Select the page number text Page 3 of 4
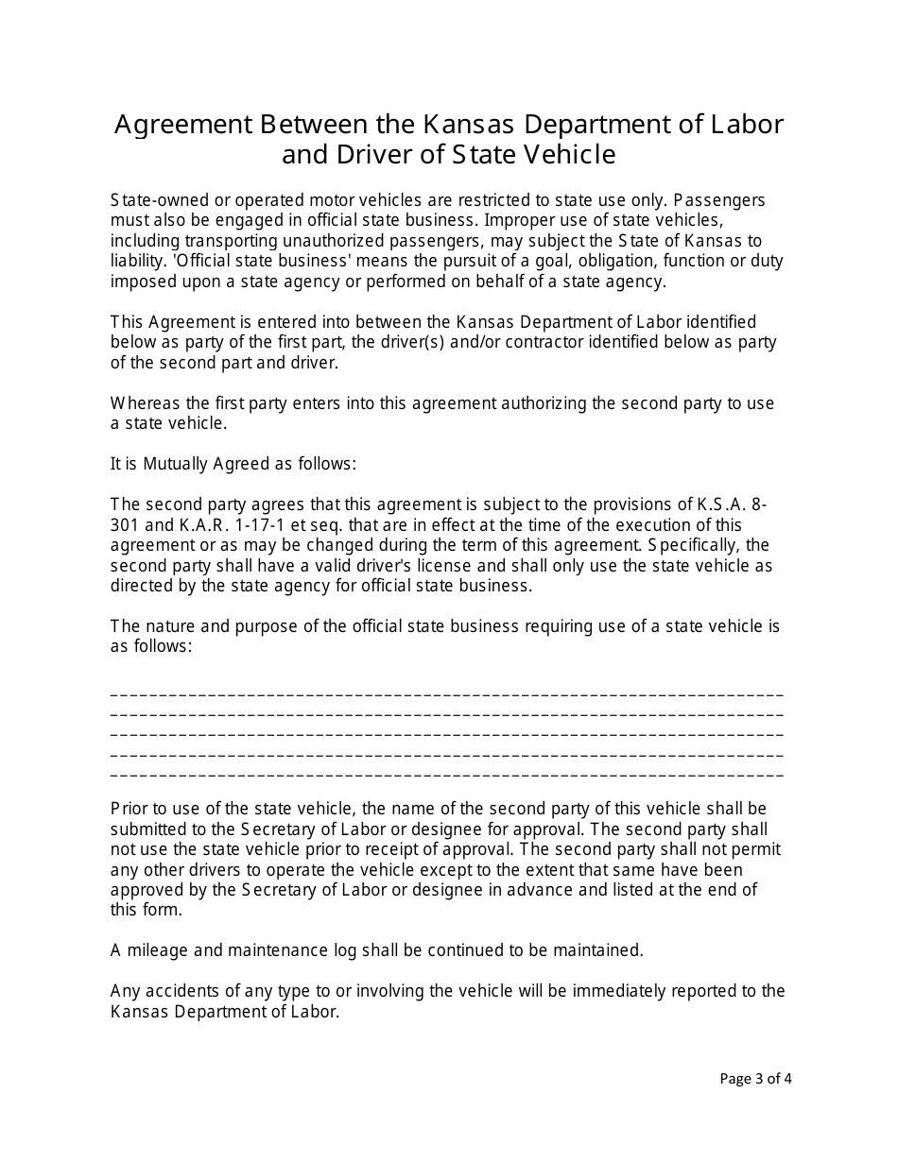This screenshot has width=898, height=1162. click(755, 1078)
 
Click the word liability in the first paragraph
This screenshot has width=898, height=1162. click(137, 261)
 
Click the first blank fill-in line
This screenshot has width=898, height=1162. click(447, 694)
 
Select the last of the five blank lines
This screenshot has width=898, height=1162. click(447, 775)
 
